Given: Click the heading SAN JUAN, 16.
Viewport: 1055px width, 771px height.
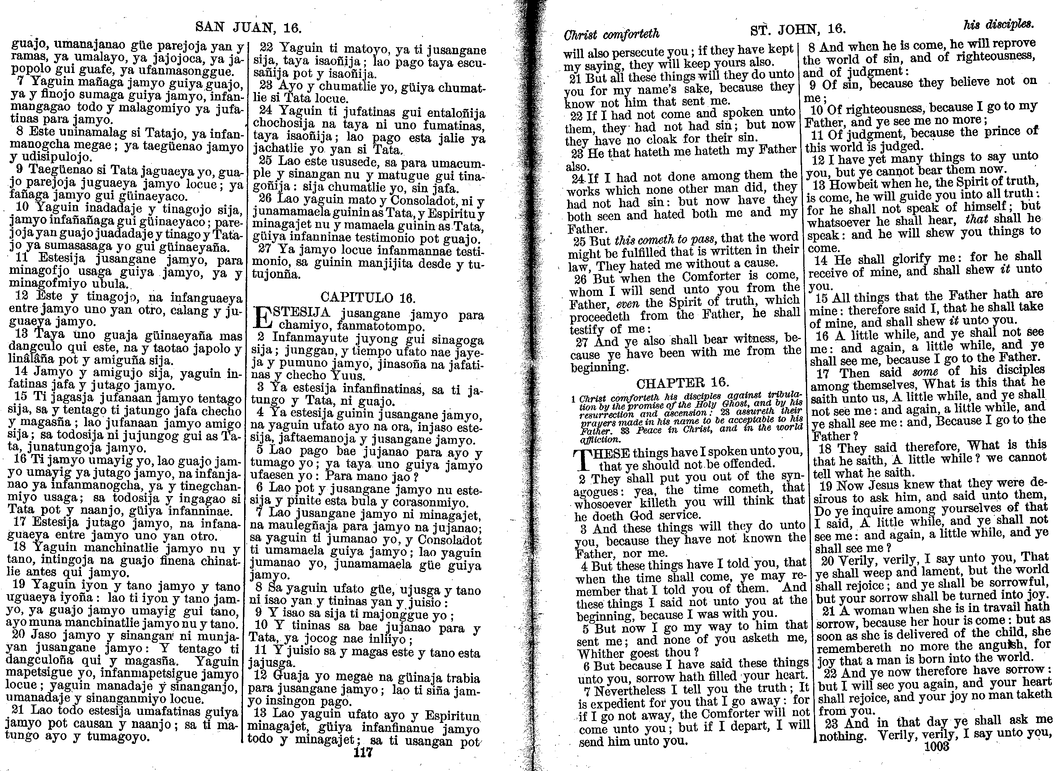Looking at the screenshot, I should tap(248, 27).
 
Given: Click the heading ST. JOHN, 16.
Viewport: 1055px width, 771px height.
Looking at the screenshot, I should tap(798, 29).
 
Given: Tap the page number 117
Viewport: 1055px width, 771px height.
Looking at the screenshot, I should tap(363, 752).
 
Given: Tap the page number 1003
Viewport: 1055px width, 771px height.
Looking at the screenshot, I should tap(937, 747).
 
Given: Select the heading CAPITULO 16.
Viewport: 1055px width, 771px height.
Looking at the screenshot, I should tap(368, 297).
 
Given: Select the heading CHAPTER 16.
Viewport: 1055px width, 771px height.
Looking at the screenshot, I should tap(682, 383).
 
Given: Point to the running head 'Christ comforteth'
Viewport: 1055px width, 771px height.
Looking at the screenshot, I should tap(612, 34).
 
